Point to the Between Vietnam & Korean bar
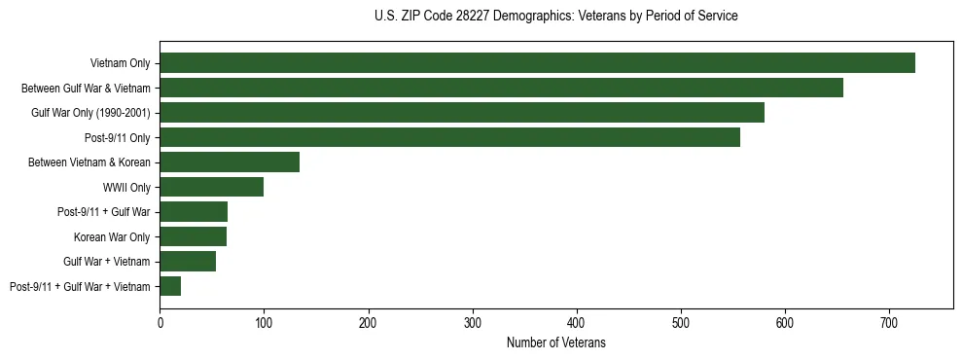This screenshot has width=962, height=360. (x=230, y=162)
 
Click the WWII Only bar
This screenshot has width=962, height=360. (x=211, y=187)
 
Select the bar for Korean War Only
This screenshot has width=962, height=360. (x=193, y=236)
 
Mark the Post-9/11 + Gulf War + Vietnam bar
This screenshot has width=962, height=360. (x=170, y=286)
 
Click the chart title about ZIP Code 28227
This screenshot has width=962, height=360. (x=555, y=17)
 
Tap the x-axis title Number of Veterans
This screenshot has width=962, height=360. (x=555, y=342)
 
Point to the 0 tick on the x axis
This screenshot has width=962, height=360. (x=160, y=321)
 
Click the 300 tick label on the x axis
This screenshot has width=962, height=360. (x=472, y=321)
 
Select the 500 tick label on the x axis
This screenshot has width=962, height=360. (x=680, y=321)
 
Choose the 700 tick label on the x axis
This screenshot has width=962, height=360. (x=888, y=321)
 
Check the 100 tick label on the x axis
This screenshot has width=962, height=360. (x=264, y=321)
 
